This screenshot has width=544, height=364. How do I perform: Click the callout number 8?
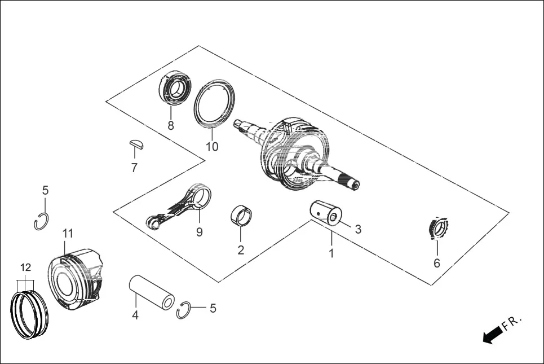[x=171, y=126]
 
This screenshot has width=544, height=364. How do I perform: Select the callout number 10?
[x=211, y=147]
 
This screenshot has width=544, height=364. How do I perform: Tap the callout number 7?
[x=134, y=168]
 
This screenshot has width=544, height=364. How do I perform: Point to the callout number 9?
[x=199, y=232]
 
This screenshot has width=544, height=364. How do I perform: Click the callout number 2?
[x=241, y=249]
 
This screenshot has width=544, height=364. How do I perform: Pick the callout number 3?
[x=357, y=229]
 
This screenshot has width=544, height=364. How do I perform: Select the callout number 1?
[x=331, y=253]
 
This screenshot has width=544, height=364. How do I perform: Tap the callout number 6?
[x=436, y=263]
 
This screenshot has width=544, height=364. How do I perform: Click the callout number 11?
[x=68, y=233]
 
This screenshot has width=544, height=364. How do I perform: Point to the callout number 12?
[x=26, y=267]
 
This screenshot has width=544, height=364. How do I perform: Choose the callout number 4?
[x=135, y=315]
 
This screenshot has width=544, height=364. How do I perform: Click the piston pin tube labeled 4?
[x=152, y=291]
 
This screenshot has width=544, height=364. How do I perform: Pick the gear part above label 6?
[x=436, y=229]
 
